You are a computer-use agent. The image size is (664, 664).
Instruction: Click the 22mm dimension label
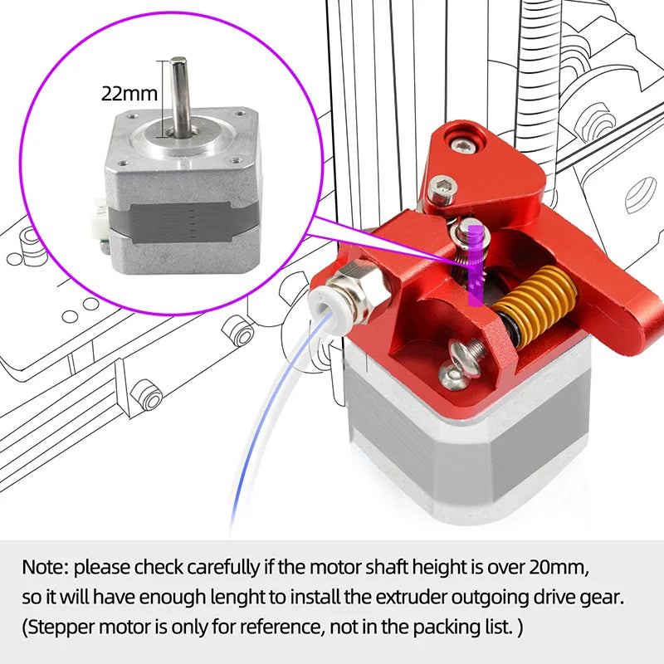pyautogui.click(x=129, y=93)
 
